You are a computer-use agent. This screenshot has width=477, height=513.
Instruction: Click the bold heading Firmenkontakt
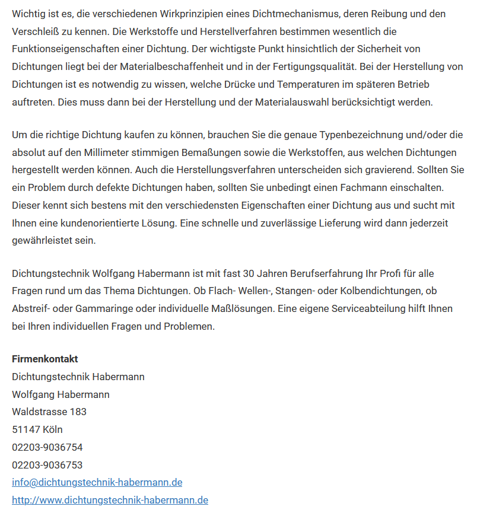[45, 359]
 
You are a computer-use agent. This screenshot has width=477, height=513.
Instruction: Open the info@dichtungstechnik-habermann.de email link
[97, 482]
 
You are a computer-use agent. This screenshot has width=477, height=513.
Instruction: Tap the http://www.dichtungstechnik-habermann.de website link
[110, 500]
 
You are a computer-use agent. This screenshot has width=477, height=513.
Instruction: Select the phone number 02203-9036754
[47, 447]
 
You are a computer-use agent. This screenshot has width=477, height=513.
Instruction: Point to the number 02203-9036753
[47, 465]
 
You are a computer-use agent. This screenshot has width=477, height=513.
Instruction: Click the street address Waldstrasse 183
[49, 412]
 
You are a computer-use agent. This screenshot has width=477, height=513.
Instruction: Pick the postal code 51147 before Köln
[26, 429]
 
